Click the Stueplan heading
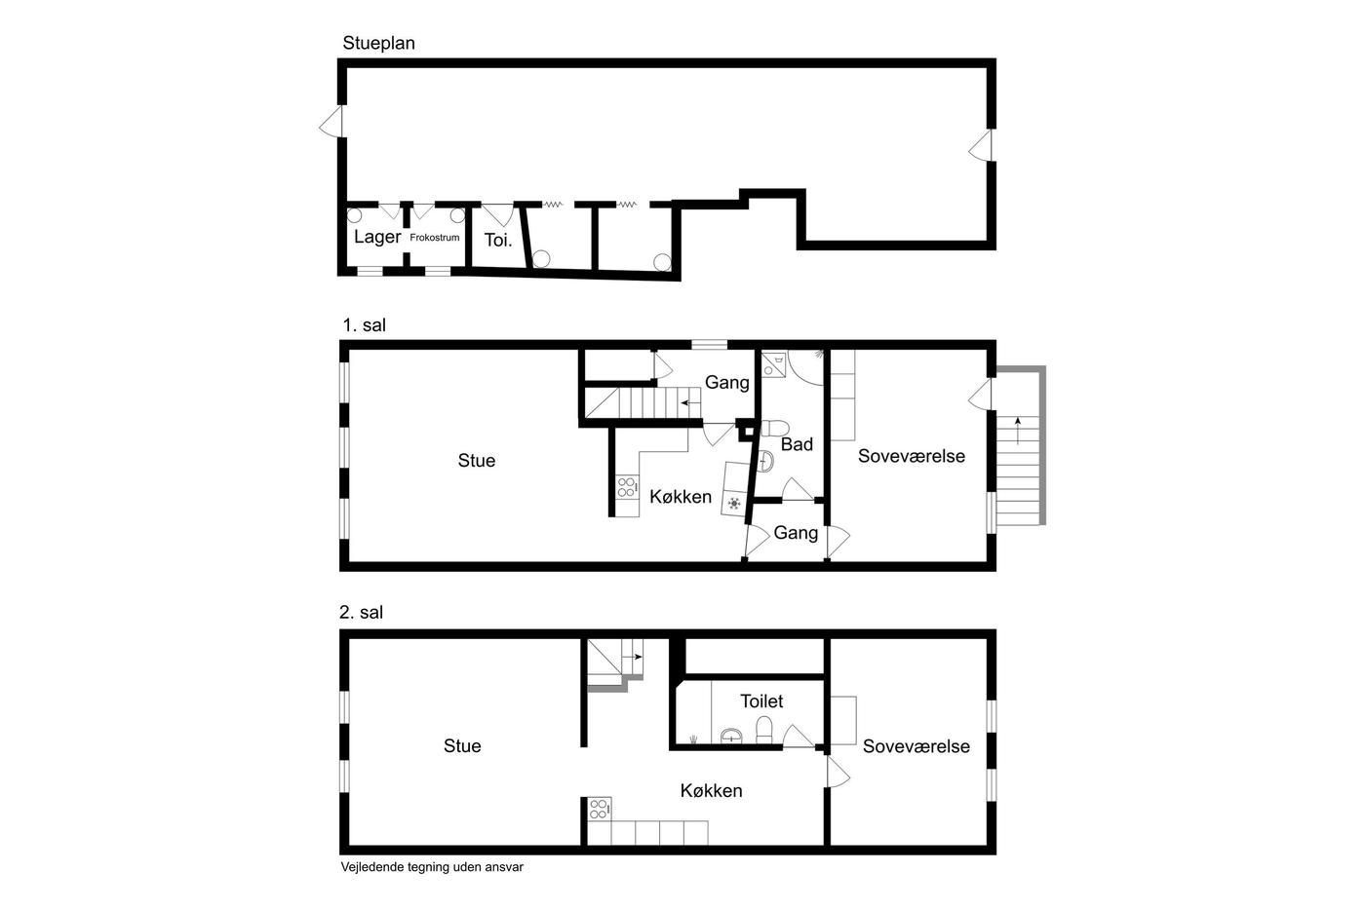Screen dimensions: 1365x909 coord(378,44)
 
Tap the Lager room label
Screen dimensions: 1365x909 coord(377,237)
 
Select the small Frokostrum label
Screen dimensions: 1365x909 coord(435,238)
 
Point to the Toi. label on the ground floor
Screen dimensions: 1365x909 coord(498,240)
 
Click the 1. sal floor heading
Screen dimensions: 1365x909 coord(364,325)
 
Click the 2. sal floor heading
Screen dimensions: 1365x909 coord(362,612)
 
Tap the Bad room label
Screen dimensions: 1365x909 coord(797,444)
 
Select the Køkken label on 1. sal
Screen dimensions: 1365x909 coord(681,497)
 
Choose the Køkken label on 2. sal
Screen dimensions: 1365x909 coord(711,790)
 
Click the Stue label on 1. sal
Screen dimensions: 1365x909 coord(477,460)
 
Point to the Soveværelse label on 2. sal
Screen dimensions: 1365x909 coord(916,746)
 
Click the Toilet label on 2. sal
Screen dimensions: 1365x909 coord(761,701)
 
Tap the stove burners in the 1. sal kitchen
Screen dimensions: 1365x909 coord(627,486)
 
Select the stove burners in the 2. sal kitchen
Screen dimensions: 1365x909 coord(599,810)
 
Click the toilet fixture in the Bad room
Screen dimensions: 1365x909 coord(774,428)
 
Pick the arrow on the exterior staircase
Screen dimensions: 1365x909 coord(1018,431)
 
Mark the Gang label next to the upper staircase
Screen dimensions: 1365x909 coord(727,382)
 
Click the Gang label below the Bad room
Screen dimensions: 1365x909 coord(796,533)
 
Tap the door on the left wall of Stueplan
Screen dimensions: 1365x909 coord(331,123)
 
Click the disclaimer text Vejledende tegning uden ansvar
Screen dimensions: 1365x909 coord(432,867)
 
